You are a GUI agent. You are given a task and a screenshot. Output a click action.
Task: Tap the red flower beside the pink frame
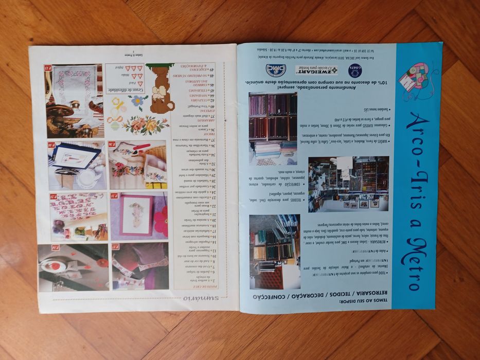[x=161, y=221]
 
